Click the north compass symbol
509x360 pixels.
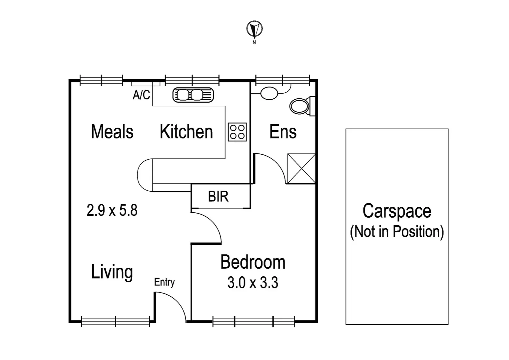[x=254, y=29]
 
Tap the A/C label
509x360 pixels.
[x=141, y=95]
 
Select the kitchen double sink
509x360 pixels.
[x=193, y=95]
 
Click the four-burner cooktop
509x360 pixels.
[x=238, y=132]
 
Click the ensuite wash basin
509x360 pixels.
[x=269, y=93]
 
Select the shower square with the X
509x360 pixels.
[x=301, y=168]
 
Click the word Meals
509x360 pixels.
[x=112, y=132]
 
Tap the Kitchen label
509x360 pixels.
[x=186, y=132]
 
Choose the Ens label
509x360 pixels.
[x=283, y=132]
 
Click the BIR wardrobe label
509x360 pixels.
[x=218, y=197]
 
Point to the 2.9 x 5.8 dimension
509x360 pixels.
[x=112, y=211]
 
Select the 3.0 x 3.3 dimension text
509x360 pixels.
[x=253, y=283]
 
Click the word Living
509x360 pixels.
[x=112, y=272]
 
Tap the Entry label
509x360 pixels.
[x=164, y=282]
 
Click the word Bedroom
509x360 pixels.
[x=253, y=262]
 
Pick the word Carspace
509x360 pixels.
[x=397, y=211]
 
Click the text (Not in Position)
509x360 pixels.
[x=397, y=232]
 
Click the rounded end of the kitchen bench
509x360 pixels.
[x=144, y=175]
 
